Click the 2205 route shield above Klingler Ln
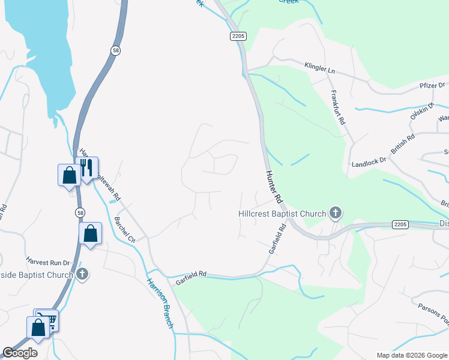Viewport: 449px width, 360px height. click(x=238, y=37)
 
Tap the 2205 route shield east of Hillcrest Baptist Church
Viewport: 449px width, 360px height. click(x=401, y=224)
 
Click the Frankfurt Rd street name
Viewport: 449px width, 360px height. click(x=338, y=107)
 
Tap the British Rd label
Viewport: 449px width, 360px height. click(x=403, y=146)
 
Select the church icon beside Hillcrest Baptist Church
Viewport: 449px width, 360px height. click(x=336, y=213)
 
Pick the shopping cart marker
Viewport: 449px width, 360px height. click(x=48, y=320)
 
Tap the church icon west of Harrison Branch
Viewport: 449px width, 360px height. click(x=83, y=274)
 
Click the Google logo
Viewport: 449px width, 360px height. click(x=20, y=353)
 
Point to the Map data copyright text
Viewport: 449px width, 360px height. click(x=411, y=355)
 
